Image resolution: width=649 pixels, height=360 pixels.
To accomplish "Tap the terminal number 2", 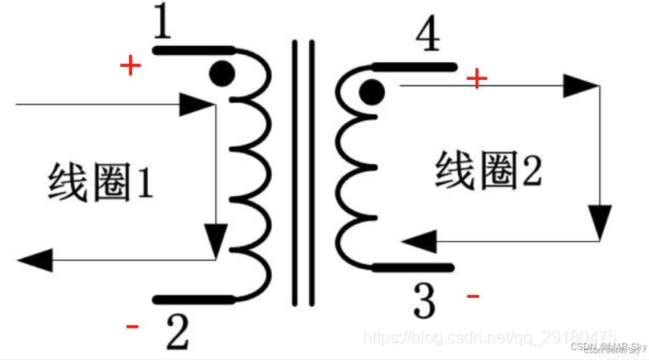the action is coord(177,332).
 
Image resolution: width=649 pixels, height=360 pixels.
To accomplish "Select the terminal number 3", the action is coord(425,301).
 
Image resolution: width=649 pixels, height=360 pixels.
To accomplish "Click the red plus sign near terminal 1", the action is coord(130,66).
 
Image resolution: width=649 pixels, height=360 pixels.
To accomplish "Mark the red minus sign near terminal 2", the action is coord(132,327).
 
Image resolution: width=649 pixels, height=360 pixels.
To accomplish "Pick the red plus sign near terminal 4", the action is coord(477,79).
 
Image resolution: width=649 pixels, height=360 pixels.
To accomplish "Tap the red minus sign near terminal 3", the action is coord(473,296).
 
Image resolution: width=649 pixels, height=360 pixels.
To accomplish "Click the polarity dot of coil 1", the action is coord(221,73).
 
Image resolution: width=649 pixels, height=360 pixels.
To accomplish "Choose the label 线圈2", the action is coord(488,171).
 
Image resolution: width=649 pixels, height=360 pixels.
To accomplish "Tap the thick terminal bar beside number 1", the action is coord(194,50).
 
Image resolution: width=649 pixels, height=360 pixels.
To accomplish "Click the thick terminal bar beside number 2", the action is coord(194,300).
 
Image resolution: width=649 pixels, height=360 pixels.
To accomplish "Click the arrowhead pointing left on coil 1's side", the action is coord(34,260).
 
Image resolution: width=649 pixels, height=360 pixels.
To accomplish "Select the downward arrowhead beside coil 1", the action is coord(215,240).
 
